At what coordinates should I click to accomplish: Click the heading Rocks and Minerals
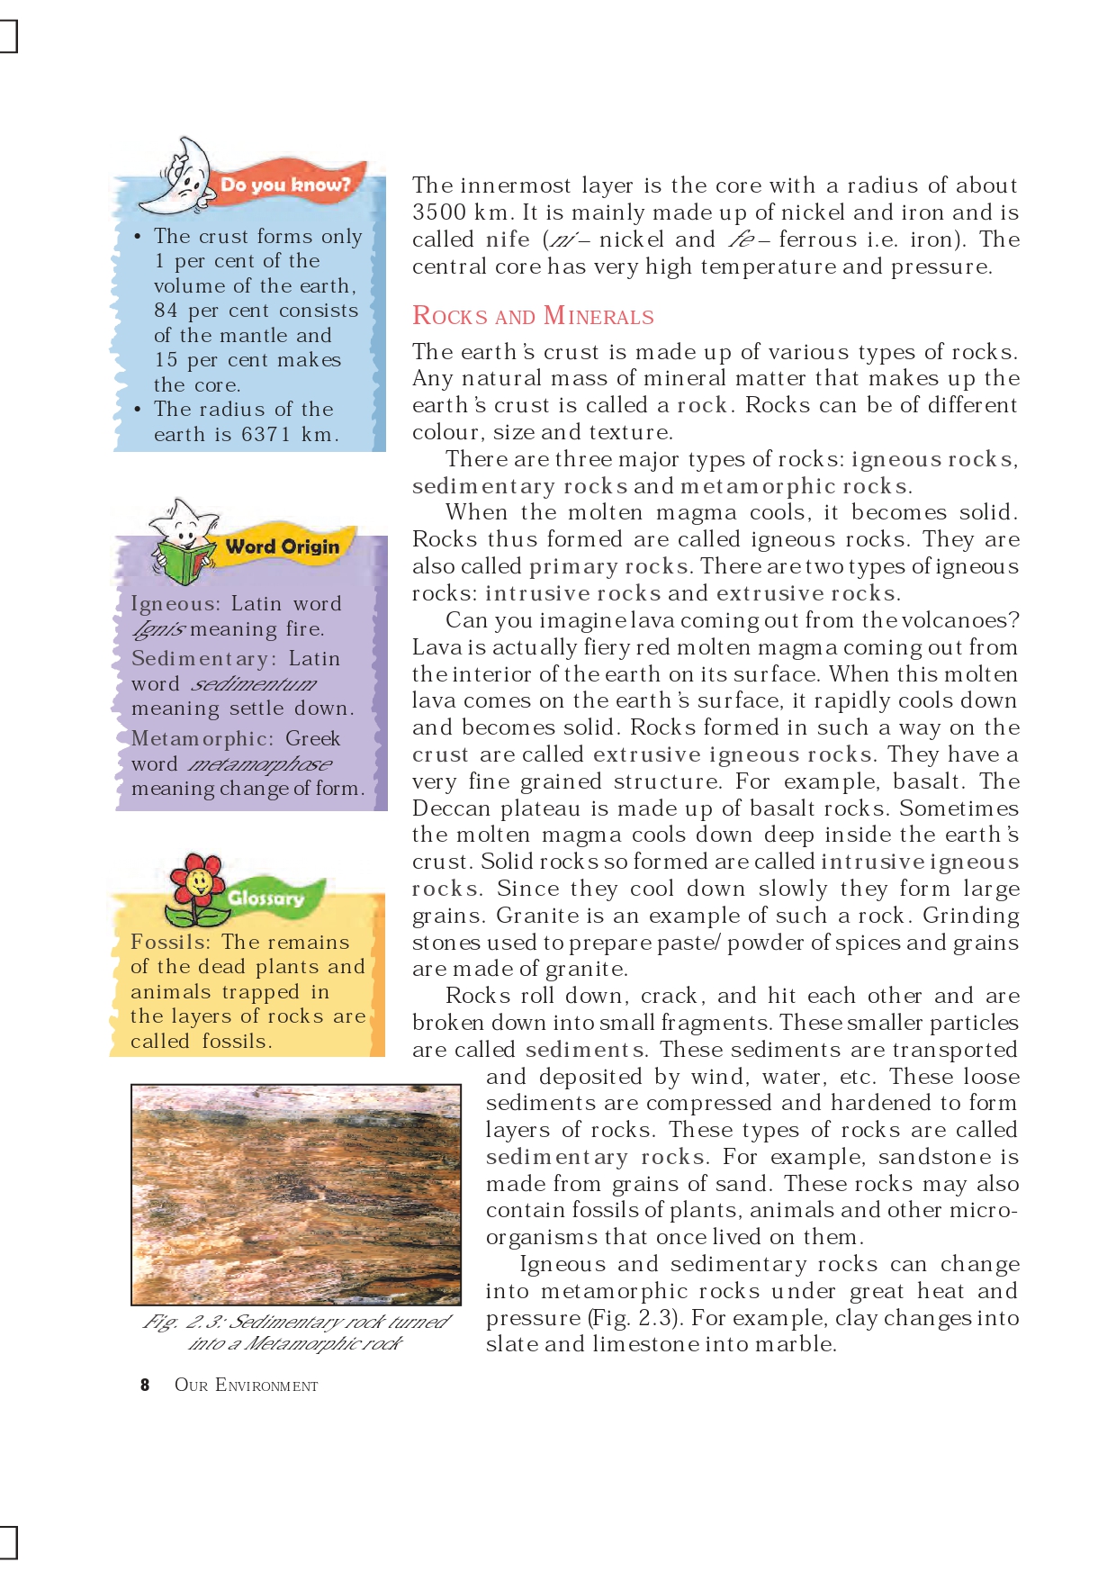click(533, 316)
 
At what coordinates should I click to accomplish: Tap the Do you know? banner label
click(285, 185)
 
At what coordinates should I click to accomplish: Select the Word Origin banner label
click(283, 546)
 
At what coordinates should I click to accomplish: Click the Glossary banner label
click(265, 898)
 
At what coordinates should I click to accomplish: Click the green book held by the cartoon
click(185, 563)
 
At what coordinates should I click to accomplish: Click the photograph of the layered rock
click(296, 1195)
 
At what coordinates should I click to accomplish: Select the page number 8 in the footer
click(145, 1385)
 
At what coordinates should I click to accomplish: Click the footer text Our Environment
click(246, 1385)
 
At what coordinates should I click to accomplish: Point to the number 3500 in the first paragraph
click(439, 212)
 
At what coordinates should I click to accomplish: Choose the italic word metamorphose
click(260, 764)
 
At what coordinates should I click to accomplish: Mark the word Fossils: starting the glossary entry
click(170, 942)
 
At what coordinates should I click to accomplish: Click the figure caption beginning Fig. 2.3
click(296, 1332)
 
